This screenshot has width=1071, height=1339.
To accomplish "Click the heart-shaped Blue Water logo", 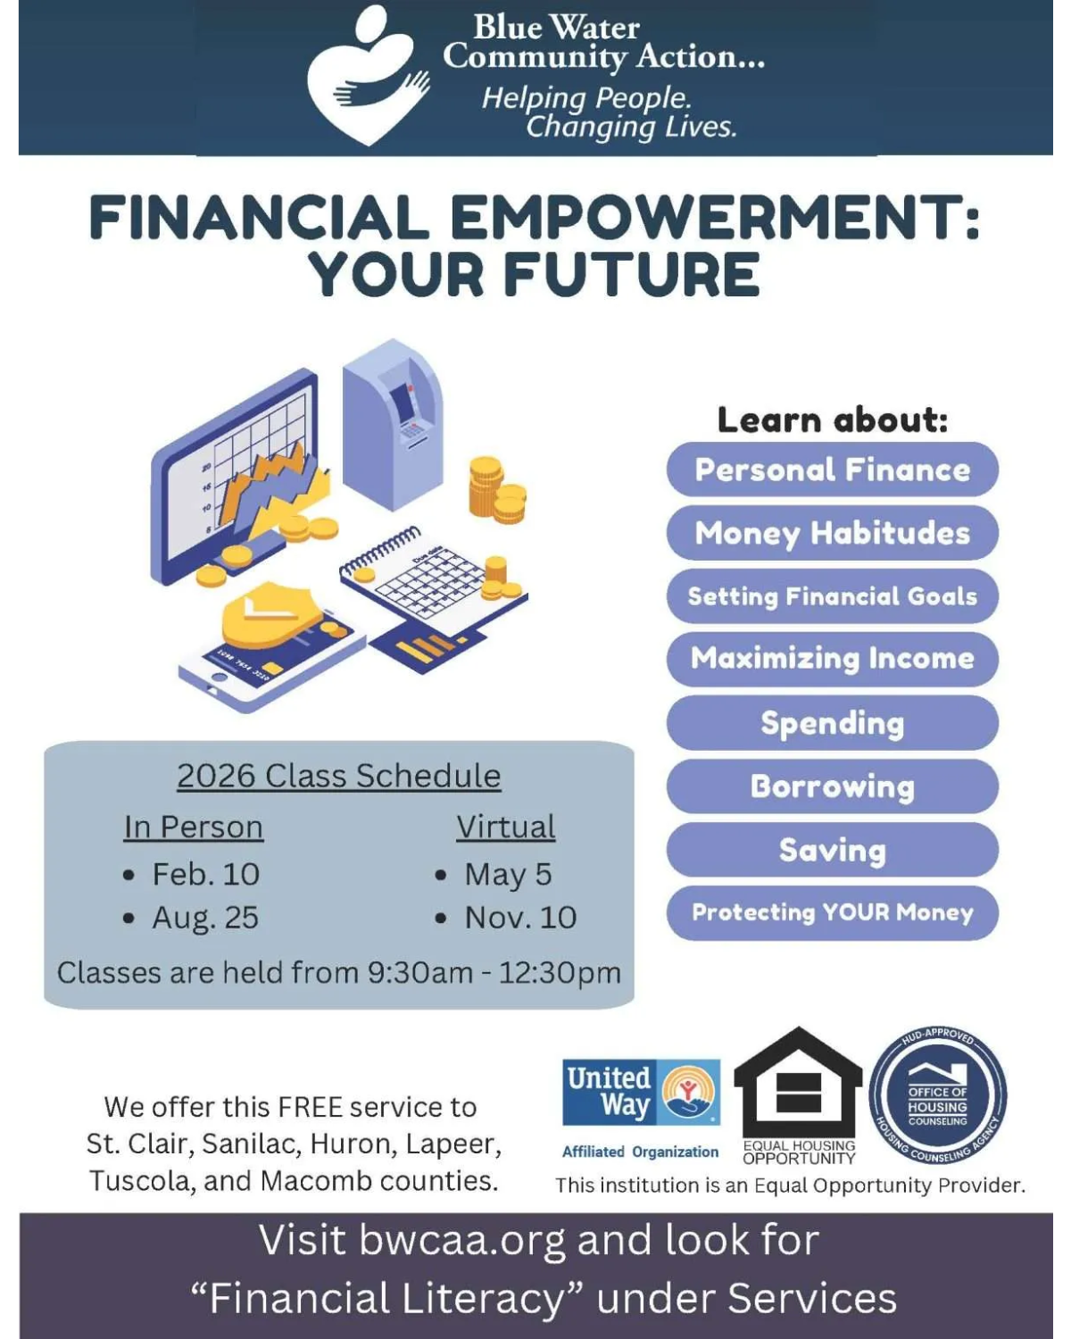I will tap(366, 76).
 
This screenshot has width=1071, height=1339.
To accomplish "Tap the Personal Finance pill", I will tap(832, 470).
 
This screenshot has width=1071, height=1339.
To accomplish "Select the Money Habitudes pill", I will tap(832, 533).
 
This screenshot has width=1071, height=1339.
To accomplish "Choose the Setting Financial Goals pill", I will tap(832, 596).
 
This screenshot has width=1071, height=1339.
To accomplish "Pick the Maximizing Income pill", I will tap(832, 659).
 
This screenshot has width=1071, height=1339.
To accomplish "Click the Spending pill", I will tap(832, 723).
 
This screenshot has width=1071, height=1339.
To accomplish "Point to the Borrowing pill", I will tap(832, 786).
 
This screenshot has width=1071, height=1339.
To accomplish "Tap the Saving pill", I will tap(832, 850).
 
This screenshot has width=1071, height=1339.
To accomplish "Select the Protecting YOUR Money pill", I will tap(832, 912).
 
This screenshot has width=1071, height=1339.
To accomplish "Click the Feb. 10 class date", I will tap(205, 874).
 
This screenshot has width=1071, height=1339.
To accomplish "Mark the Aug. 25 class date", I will tap(204, 918).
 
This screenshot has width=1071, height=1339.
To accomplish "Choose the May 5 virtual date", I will tap(507, 874).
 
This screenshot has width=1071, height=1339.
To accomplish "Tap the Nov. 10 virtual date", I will tap(519, 918).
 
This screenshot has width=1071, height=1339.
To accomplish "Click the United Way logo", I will tap(641, 1093).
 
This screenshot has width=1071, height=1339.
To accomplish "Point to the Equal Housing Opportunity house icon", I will tap(798, 1085).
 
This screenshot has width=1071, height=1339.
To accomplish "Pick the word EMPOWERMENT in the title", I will tap(705, 219).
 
